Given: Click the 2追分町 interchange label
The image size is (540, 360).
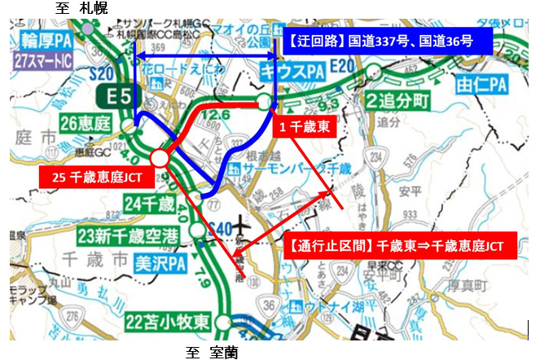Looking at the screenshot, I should pos(396,102).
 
